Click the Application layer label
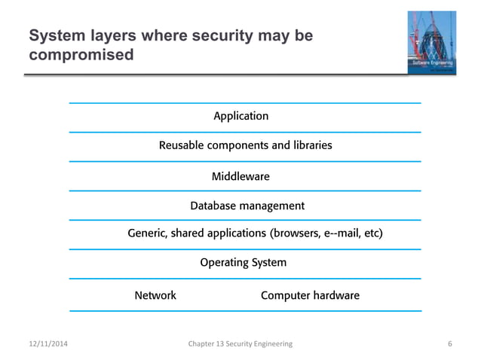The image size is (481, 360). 240,116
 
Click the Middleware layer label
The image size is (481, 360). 240,176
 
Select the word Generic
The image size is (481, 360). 148,233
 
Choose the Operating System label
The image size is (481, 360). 243,263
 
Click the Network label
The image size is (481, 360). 155,295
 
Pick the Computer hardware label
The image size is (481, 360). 310,295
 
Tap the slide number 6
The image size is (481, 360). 450,344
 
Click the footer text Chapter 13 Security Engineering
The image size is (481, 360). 240,344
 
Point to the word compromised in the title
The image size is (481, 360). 81,55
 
